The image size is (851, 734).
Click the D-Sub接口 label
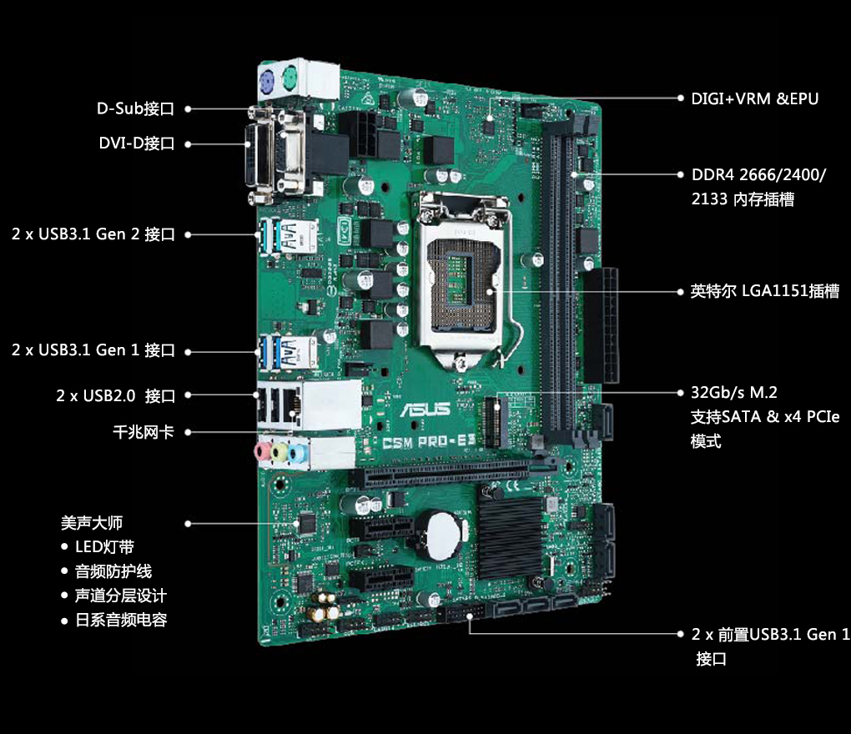pyautogui.click(x=135, y=108)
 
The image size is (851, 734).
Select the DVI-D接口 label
pyautogui.click(x=136, y=143)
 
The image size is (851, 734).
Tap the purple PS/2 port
pyautogui.click(x=267, y=81)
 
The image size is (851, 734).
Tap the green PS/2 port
pyautogui.click(x=289, y=81)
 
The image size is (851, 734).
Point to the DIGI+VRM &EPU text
pyautogui.click(x=754, y=98)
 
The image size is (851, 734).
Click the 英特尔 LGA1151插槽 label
pyautogui.click(x=764, y=291)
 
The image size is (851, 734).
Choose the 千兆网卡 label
pyautogui.click(x=143, y=432)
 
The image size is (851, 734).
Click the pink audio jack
pyautogui.click(x=262, y=451)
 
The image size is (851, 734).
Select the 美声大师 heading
pyautogui.click(x=92, y=523)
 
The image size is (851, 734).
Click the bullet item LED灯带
pyautogui.click(x=104, y=547)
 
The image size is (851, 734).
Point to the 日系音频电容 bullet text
pyautogui.click(x=121, y=621)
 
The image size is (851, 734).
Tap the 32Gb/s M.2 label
pyautogui.click(x=734, y=392)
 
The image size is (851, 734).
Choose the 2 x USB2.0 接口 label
pyautogui.click(x=116, y=395)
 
